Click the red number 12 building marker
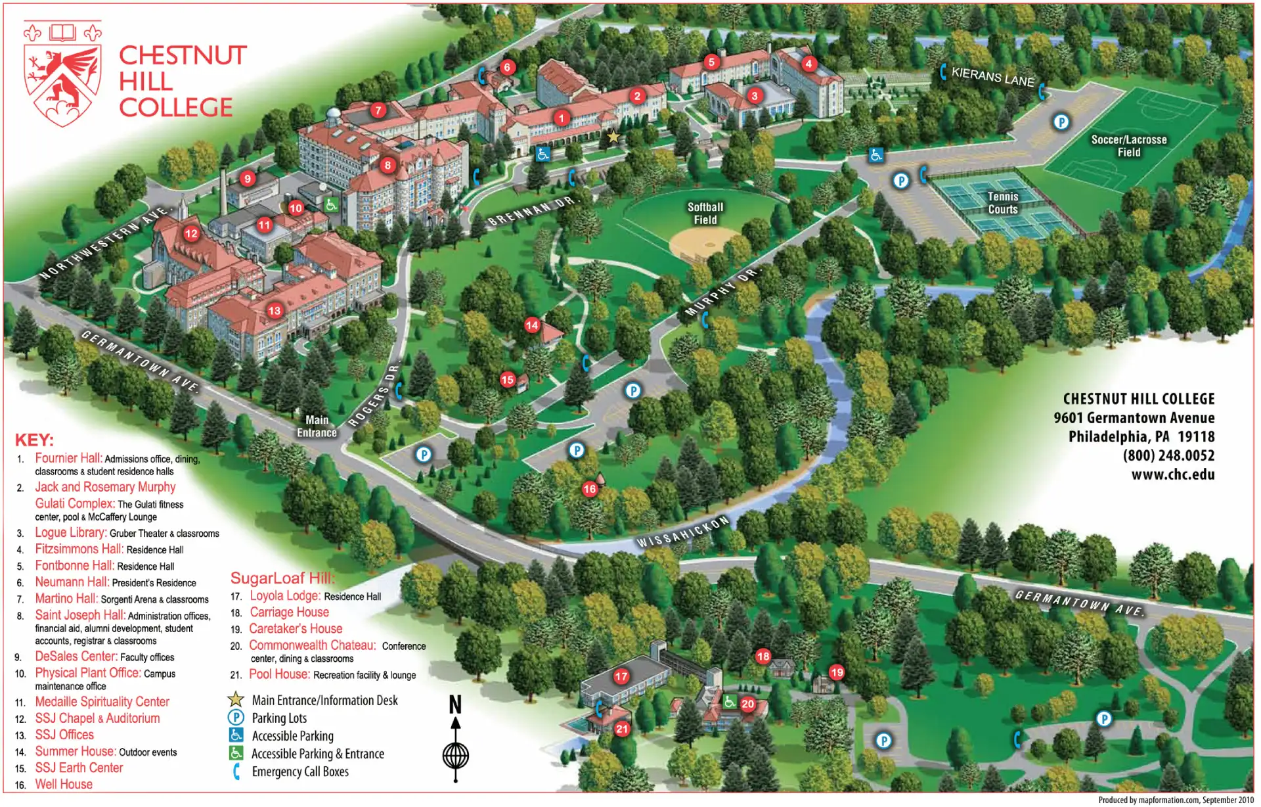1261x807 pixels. [191, 233]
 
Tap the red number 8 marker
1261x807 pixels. [387, 165]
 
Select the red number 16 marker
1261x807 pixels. [590, 488]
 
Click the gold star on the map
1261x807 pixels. [613, 137]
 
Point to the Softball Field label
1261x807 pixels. [705, 213]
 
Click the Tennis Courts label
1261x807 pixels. [1003, 203]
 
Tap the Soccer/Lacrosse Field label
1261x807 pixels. [1129, 146]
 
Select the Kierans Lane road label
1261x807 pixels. [992, 77]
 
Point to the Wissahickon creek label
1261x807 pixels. [683, 532]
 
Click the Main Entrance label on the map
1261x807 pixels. [317, 426]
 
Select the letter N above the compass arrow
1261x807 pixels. [455, 704]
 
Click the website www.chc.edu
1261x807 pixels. [1172, 474]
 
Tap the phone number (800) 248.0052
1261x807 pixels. [1168, 455]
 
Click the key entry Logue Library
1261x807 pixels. [70, 533]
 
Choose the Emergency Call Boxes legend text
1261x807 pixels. [300, 772]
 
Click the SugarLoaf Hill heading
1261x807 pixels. [282, 578]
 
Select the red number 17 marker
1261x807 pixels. [621, 676]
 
